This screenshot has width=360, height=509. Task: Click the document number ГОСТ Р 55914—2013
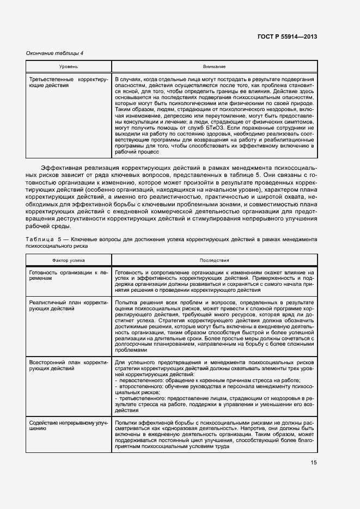click(286, 36)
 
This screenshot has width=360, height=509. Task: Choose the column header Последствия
click(214, 260)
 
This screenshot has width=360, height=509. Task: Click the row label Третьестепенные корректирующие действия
click(68, 83)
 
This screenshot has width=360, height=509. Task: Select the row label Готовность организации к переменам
click(68, 274)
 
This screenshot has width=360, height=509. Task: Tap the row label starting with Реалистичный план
click(68, 305)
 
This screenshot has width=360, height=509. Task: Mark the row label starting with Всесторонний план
click(68, 365)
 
